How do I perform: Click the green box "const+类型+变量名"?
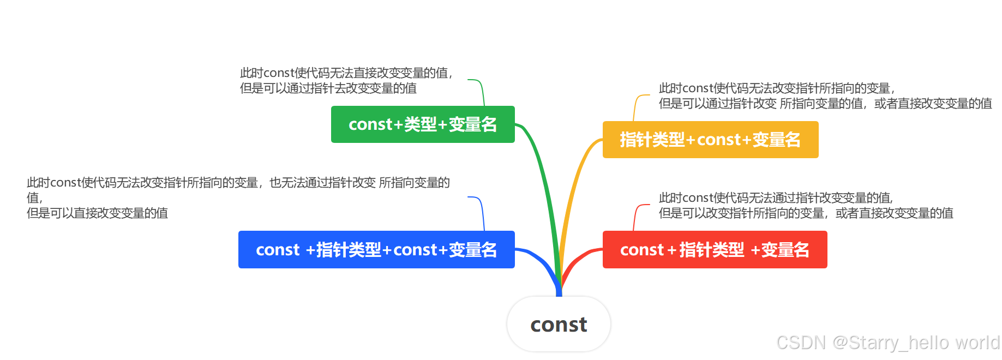pos(423,124)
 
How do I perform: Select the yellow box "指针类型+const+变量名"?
pos(710,140)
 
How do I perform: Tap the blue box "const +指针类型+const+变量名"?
pos(376,249)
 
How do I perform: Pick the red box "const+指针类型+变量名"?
pos(715,249)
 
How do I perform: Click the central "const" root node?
pos(559,325)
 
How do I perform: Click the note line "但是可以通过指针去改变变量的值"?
pos(328,88)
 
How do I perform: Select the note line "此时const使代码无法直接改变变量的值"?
pos(346,73)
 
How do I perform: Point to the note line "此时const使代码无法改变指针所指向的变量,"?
pos(777,88)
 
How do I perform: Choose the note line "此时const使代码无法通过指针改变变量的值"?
pos(776,198)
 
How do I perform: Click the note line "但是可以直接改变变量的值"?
pos(97,213)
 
